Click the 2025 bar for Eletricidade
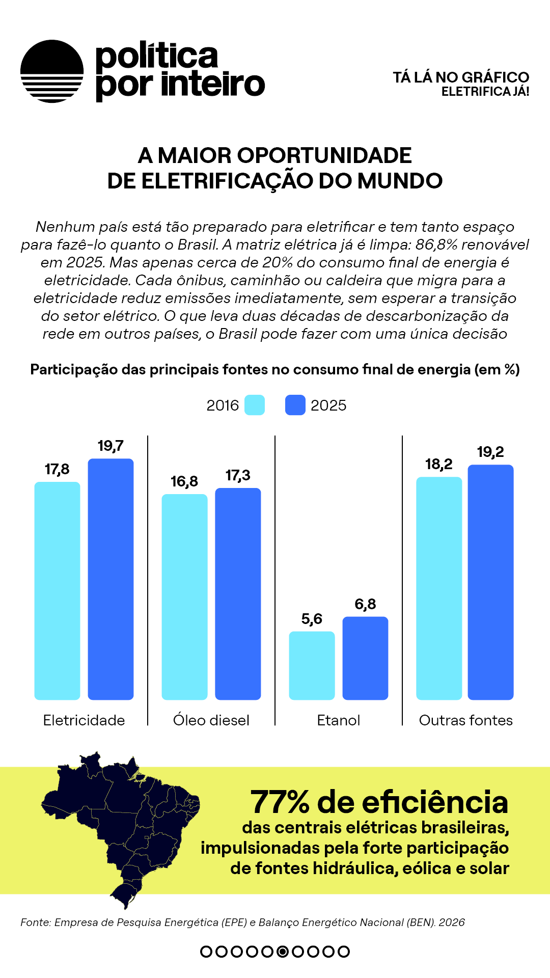(111, 579)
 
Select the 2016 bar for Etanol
(312, 666)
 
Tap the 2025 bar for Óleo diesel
(238, 594)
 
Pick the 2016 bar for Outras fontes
(439, 588)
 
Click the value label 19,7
(111, 446)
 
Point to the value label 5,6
(312, 619)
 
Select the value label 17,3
(238, 476)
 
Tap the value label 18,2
(439, 464)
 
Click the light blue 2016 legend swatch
(255, 405)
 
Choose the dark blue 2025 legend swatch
(295, 405)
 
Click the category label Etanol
(339, 720)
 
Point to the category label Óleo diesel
(211, 720)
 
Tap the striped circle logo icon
(52, 71)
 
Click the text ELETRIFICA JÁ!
(485, 92)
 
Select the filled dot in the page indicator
(283, 952)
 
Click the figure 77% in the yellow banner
(280, 802)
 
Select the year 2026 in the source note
(452, 922)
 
